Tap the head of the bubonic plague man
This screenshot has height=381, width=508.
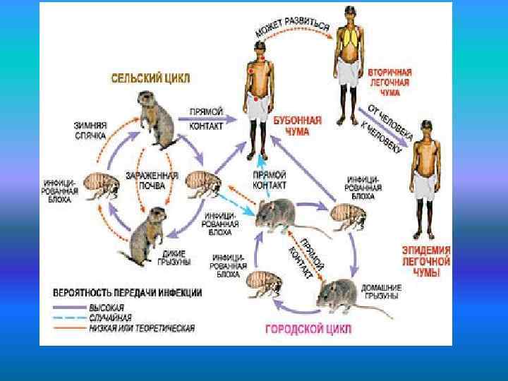259,49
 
